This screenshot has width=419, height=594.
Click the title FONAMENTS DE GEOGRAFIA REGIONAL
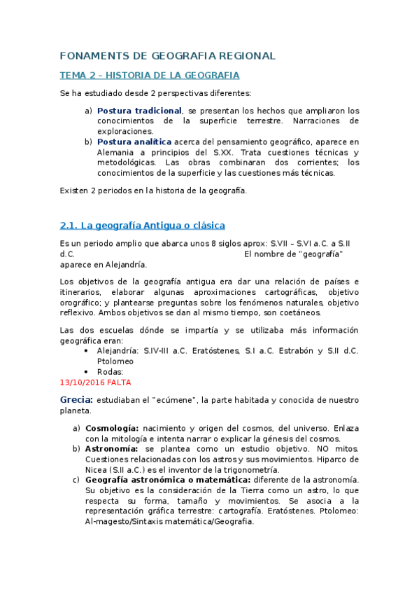(168, 56)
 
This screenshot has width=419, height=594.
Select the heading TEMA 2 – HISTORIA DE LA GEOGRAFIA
(150, 75)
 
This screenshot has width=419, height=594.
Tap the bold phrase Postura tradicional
(139, 111)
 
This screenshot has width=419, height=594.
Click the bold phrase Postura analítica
(134, 141)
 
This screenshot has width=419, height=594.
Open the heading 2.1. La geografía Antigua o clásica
(143, 225)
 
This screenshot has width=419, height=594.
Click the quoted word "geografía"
(320, 254)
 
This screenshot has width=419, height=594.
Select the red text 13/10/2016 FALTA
(95, 382)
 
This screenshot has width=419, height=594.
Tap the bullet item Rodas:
(110, 372)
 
